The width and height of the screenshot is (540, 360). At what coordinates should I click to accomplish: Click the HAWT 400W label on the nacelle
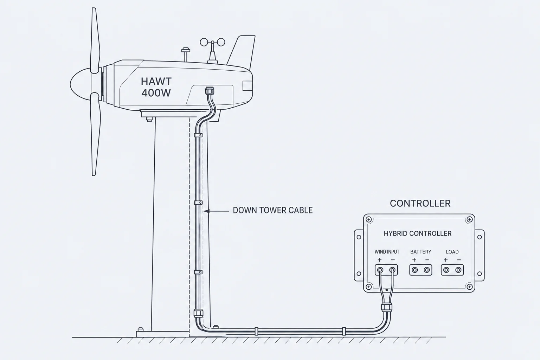156,87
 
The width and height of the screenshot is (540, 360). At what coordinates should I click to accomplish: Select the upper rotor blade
95,40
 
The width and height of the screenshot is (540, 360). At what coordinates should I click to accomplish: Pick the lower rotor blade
95,134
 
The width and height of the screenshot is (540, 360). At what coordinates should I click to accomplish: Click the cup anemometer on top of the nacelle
213,51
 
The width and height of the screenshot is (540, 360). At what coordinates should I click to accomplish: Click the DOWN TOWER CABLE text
273,210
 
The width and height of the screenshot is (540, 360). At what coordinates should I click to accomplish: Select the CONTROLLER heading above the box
420,203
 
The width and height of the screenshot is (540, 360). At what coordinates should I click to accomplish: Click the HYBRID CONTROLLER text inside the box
418,233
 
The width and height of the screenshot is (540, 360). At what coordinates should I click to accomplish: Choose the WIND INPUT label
387,252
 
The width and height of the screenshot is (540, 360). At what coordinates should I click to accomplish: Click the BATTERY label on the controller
421,252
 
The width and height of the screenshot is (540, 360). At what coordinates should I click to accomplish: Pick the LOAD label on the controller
452,252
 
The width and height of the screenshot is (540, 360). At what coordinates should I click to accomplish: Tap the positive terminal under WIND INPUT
380,270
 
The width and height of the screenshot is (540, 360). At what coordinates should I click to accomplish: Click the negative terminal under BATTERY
427,270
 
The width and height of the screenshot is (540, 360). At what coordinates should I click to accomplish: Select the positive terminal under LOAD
446,270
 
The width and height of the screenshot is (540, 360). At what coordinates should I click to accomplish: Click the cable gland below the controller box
387,307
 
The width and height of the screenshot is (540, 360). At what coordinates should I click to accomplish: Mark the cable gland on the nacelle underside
209,91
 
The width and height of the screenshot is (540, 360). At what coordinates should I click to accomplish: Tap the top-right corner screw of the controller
470,219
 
